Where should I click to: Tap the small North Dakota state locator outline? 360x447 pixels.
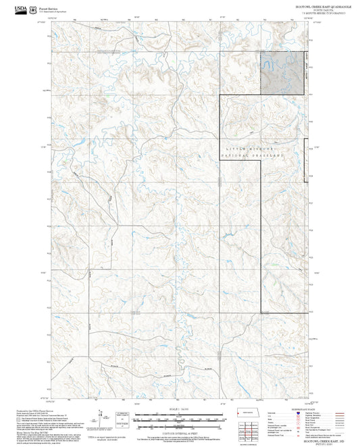pos(243,413)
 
